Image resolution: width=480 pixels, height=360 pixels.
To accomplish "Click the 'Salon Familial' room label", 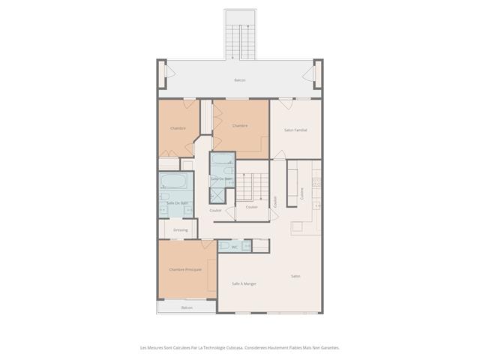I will pyautogui.click(x=295, y=130).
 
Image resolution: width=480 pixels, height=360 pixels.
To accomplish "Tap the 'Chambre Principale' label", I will pyautogui.click(x=184, y=269).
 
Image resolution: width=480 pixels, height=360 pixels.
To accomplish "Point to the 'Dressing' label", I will pyautogui.click(x=180, y=229).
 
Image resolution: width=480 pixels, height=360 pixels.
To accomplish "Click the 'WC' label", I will pyautogui.click(x=234, y=247).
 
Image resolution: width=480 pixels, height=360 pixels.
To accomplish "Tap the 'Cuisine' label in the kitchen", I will pyautogui.click(x=302, y=193).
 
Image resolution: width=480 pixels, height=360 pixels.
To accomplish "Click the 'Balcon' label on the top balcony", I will pyautogui.click(x=240, y=80).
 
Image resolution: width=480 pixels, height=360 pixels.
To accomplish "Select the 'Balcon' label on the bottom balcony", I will pyautogui.click(x=187, y=307).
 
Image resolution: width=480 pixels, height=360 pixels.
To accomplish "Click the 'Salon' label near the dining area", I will pyautogui.click(x=295, y=276).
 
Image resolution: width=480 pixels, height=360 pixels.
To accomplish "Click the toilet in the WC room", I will pyautogui.click(x=224, y=246).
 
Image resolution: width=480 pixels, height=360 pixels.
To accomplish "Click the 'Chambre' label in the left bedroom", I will pyautogui.click(x=178, y=128).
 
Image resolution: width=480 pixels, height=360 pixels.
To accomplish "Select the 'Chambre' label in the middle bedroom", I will pyautogui.click(x=240, y=125).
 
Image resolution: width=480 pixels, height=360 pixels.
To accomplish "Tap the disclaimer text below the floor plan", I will pyautogui.click(x=240, y=347).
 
